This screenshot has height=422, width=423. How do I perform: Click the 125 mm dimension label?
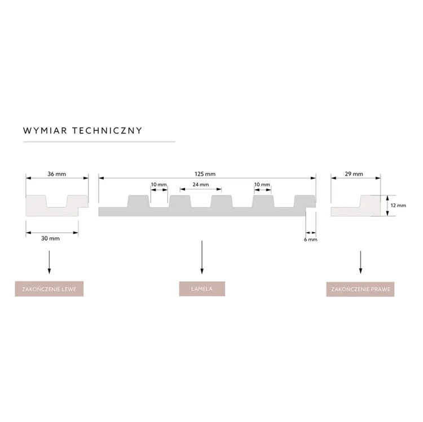click(205, 174)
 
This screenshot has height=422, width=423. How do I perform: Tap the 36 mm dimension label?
click(56, 174)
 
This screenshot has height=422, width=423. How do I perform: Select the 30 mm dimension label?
click(50, 238)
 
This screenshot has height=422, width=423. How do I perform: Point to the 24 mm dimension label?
click(201, 185)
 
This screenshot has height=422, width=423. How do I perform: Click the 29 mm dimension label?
click(354, 174)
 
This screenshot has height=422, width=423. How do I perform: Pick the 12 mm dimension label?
click(398, 205)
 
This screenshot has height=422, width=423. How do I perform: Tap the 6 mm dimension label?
click(311, 239)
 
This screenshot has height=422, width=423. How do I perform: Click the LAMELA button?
click(202, 289)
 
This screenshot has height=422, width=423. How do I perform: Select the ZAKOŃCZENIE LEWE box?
click(49, 289)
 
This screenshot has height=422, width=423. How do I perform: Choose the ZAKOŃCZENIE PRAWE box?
click(360, 289)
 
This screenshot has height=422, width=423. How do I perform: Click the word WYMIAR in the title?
click(45, 131)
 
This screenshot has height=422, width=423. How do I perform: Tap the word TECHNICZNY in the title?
click(107, 131)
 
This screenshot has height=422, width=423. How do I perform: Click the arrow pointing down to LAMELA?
click(202, 257)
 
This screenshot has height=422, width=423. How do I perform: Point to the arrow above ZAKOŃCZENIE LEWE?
click(49, 262)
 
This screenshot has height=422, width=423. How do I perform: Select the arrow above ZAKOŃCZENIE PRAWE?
click(360, 262)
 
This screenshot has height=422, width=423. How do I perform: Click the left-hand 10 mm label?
click(158, 185)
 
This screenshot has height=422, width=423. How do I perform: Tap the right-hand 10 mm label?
click(262, 185)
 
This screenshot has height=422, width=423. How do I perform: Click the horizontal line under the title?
click(99, 141)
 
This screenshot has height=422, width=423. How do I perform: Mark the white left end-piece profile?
click(57, 205)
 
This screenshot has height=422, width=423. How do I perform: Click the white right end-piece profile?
click(355, 205)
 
